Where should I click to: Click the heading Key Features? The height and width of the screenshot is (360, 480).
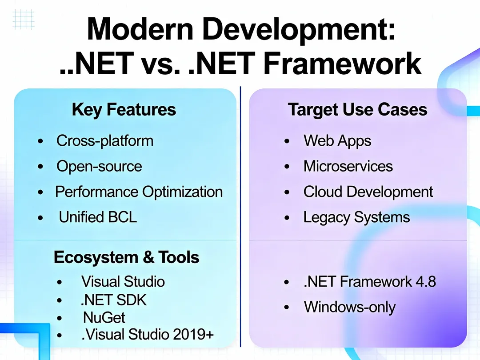124,110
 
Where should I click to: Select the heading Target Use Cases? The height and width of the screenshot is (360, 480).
357,110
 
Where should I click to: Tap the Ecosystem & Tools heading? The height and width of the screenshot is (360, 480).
127,257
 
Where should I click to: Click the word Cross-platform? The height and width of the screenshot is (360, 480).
105,141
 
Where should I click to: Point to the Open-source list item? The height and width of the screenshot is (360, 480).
99,166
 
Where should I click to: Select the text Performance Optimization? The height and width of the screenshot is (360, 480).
139,192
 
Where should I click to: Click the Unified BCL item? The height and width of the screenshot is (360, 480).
98,217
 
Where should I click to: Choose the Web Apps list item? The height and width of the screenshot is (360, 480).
337,141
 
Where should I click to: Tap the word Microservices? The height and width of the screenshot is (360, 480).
348,166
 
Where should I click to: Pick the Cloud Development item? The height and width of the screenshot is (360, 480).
368,192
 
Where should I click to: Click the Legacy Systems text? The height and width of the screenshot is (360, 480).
356,217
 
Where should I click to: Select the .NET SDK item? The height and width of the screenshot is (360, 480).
114,300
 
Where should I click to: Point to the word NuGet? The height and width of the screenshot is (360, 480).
104,318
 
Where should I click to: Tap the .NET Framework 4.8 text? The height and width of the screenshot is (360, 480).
370,282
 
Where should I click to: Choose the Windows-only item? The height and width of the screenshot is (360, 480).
349,307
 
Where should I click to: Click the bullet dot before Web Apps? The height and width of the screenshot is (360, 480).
288,142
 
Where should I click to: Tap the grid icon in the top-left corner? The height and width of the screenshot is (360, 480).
24,18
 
